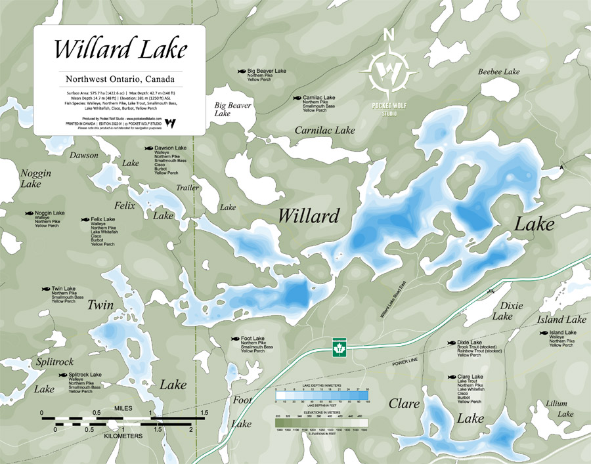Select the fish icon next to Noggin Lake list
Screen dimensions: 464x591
29,213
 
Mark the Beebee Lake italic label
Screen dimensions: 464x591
498,72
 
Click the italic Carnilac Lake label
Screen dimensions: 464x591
324,130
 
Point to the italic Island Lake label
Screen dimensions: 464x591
561,320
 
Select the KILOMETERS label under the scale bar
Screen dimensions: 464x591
123,435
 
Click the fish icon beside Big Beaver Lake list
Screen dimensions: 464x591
242,71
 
